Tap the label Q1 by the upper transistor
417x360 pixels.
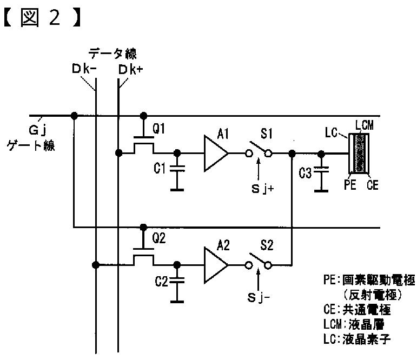tap(159, 129)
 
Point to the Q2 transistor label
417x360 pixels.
tap(159, 238)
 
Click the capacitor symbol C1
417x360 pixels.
tap(177, 168)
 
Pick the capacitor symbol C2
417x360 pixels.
tap(177, 280)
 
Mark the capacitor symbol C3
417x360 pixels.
tap(321, 170)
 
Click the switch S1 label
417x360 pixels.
tap(267, 133)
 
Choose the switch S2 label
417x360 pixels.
tap(267, 245)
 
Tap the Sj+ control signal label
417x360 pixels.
tap(262, 189)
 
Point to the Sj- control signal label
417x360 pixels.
tap(259, 297)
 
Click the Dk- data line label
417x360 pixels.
tap(84, 69)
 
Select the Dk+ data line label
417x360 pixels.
tap(130, 70)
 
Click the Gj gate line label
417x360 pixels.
tap(38, 131)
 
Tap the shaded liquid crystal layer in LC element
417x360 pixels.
tap(360, 154)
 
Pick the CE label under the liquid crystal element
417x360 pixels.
tap(372, 185)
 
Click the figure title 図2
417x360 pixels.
tap(42, 18)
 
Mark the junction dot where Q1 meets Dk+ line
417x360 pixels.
tap(118, 153)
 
